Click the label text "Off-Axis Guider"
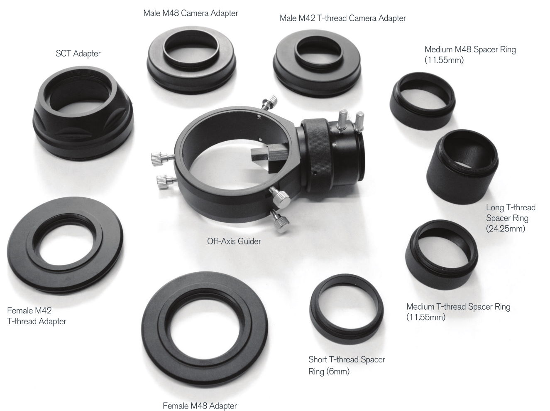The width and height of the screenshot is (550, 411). point(234,241)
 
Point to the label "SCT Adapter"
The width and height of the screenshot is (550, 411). point(78,54)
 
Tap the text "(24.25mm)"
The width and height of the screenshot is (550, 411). point(505,229)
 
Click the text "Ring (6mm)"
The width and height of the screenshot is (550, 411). point(329,372)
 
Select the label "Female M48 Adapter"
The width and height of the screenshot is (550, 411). point(200,406)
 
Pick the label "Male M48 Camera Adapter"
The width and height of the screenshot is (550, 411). point(191,13)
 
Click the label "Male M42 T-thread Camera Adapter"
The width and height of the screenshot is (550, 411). point(342,18)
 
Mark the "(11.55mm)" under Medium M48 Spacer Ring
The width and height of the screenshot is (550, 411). point(444,60)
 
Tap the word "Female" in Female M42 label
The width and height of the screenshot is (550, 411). point(20,310)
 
